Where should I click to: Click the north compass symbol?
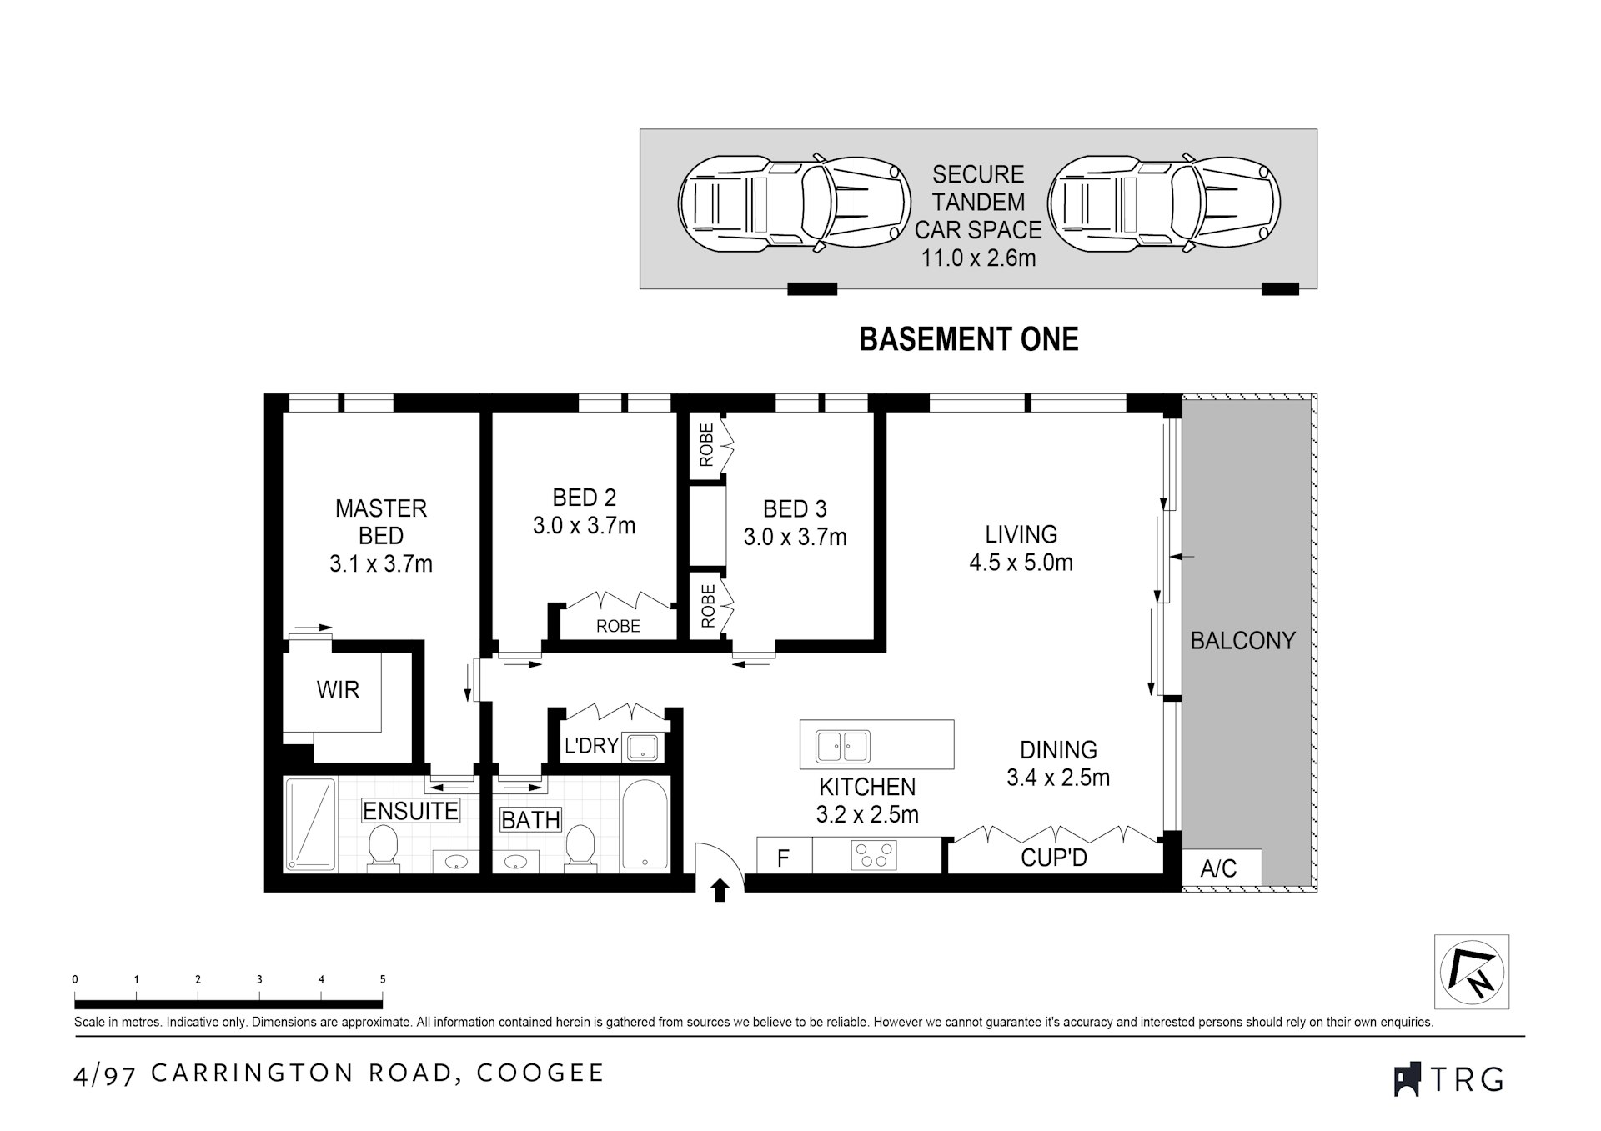(1472, 971)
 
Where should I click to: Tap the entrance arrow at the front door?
(720, 890)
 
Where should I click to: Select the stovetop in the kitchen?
(874, 856)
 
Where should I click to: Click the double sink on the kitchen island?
(843, 746)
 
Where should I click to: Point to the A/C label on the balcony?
(1218, 868)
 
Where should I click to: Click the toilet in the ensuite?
(384, 848)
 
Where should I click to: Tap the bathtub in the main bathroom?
(645, 824)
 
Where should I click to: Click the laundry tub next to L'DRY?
(643, 747)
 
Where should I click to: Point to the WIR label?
(338, 690)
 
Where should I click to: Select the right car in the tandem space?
(1163, 203)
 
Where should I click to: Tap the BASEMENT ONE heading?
(968, 339)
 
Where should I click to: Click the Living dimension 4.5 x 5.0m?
(1021, 563)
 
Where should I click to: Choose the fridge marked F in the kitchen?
(783, 858)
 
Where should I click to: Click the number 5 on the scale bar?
(383, 979)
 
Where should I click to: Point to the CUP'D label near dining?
(1053, 857)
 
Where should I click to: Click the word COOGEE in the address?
(540, 1073)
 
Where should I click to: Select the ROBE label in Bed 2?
(618, 626)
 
